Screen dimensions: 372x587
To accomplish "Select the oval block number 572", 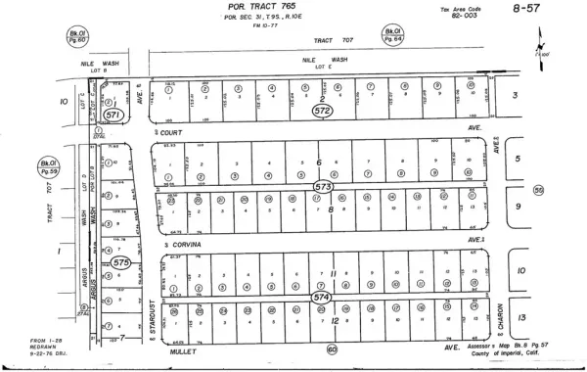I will [322, 111].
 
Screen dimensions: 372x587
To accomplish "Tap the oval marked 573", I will [322, 185].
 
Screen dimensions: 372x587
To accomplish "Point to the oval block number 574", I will [321, 295].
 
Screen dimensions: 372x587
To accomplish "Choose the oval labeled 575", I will [120, 263].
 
